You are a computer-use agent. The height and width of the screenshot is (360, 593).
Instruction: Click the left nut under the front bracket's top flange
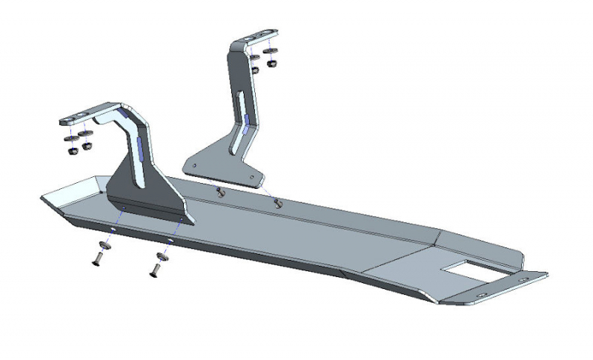[73, 149]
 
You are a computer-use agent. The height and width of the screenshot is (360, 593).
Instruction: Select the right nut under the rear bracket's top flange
[272, 64]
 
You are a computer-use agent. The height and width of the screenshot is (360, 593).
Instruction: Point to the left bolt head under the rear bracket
[220, 193]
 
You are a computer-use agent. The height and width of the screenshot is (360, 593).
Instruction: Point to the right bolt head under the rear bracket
[279, 202]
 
